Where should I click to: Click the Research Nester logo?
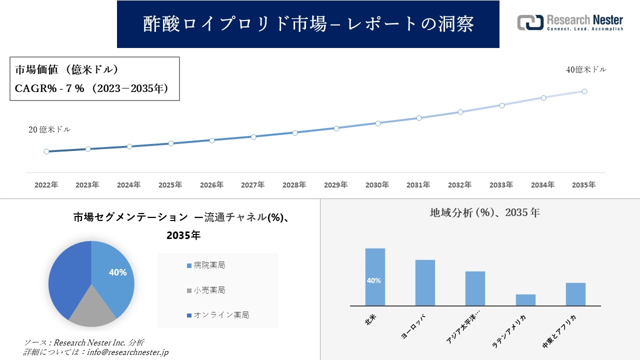point(570,22)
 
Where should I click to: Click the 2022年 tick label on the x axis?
point(46,184)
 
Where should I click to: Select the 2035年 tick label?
point(583,184)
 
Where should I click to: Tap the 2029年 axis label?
point(336,184)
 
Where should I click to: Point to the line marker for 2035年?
point(584,91)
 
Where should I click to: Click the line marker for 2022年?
point(46,151)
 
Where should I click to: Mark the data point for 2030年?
point(378,123)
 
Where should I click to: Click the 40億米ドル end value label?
point(586,70)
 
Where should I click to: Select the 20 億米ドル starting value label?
point(49,129)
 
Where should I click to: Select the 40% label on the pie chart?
point(117,272)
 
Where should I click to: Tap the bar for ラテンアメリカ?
point(525,300)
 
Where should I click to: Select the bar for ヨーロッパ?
point(425,282)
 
